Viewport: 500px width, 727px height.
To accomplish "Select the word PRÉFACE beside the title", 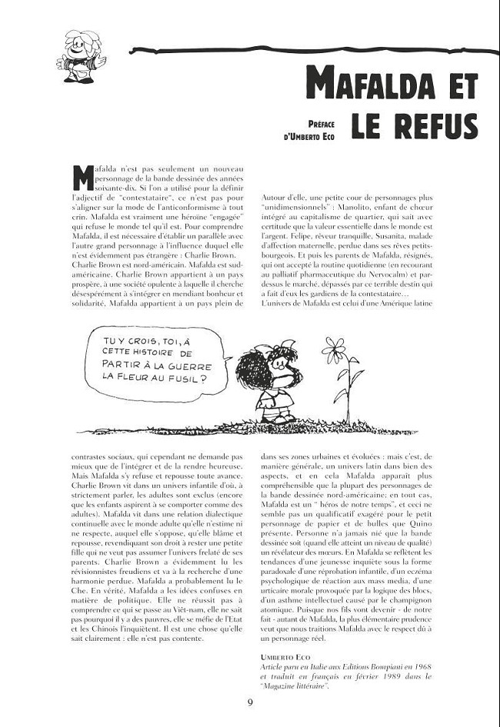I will point(324,123).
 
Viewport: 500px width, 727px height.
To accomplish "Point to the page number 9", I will point(250,702).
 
